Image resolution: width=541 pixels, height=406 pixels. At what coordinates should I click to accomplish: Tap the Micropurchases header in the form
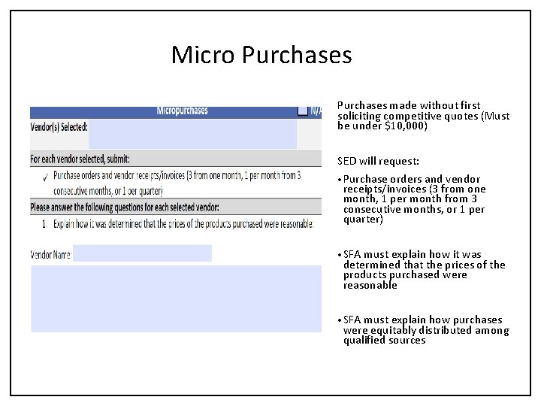[182, 111]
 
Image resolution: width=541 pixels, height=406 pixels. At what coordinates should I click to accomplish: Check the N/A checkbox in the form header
[302, 111]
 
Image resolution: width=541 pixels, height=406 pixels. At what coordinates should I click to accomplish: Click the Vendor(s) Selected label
[59, 126]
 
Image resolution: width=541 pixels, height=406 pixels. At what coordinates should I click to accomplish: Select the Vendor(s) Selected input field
[192, 135]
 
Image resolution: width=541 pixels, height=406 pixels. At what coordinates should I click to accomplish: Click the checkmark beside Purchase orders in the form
[46, 177]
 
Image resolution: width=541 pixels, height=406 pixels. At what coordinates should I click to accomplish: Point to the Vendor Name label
[50, 254]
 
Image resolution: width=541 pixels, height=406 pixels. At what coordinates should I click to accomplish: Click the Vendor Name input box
[142, 253]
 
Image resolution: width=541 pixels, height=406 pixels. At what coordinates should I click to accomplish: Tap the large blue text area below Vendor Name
[176, 298]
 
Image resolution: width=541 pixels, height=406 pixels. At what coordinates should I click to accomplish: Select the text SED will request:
[379, 161]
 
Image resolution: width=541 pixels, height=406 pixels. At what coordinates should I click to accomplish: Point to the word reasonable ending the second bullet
[370, 286]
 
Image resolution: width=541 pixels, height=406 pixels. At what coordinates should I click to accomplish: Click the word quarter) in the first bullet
[363, 220]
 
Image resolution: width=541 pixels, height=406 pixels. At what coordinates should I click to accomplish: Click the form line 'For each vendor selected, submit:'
[80, 159]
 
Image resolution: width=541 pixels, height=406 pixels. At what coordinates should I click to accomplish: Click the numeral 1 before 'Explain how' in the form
[44, 223]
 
